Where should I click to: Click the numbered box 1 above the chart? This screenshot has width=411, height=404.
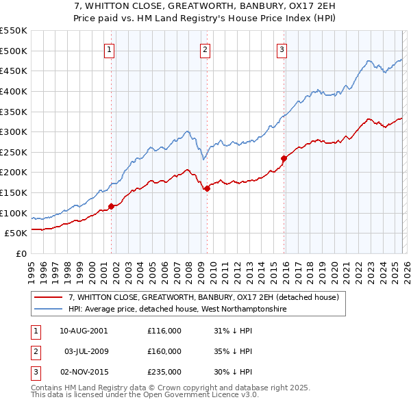(110, 49)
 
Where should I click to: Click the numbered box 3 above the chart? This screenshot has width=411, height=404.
(282, 49)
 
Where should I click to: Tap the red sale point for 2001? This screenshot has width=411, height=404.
(111, 206)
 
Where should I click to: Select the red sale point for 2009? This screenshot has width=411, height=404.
(206, 188)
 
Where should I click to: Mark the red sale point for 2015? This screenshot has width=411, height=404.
(283, 158)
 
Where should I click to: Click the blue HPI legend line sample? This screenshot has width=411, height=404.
(48, 309)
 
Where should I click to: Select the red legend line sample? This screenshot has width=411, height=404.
(48, 297)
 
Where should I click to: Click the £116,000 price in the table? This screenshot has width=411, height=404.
(164, 330)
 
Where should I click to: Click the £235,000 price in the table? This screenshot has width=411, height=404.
(164, 373)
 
